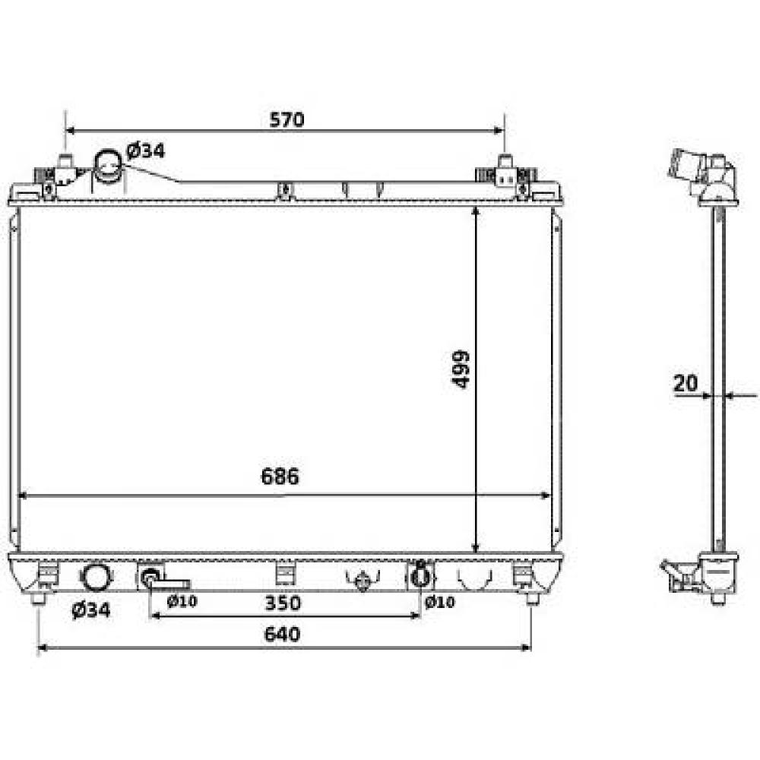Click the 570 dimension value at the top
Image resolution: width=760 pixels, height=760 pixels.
point(287,119)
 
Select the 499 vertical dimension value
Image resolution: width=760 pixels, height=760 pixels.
point(461,370)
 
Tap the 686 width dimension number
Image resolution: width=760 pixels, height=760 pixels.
point(280,477)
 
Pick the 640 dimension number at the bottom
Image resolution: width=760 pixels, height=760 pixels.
point(282,634)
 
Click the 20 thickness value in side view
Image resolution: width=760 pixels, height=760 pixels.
point(686,384)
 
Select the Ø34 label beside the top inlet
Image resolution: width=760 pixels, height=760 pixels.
point(145,150)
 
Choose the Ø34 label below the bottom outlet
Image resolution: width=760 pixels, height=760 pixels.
point(90,610)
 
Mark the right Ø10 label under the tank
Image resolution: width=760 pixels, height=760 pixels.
point(439,603)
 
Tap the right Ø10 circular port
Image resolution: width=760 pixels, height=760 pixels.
point(419,578)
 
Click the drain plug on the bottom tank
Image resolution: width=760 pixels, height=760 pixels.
point(363,581)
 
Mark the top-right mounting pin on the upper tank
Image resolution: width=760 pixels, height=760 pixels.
point(505,162)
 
